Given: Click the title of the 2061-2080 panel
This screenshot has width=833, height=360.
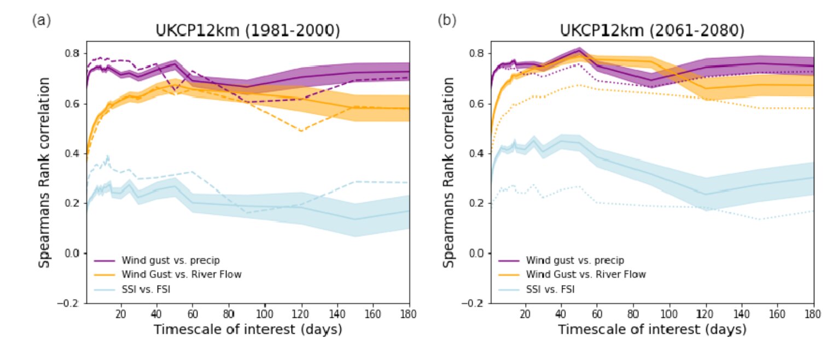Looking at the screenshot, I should (x=651, y=31).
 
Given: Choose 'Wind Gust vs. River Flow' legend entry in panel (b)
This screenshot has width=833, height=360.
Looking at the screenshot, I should (x=586, y=274).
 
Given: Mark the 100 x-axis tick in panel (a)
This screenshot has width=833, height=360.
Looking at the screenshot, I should (x=265, y=314).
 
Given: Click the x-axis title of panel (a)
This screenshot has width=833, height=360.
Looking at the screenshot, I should (x=247, y=330).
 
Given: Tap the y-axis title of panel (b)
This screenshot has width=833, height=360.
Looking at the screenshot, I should (x=448, y=172).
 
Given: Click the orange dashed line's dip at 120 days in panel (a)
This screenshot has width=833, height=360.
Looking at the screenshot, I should (x=301, y=131).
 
